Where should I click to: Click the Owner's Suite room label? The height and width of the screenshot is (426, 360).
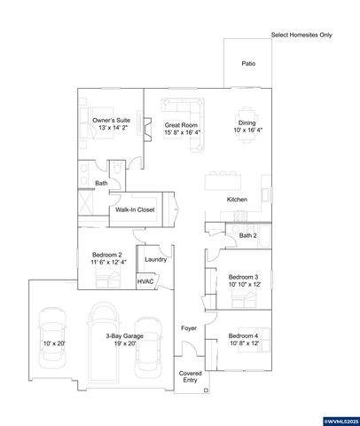(111, 118)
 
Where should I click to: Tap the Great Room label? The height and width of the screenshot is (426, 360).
(181, 125)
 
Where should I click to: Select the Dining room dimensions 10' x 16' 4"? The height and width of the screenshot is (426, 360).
(248, 131)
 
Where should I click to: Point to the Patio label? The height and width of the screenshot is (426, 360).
(248, 64)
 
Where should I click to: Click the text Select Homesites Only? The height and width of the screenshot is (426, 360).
(301, 35)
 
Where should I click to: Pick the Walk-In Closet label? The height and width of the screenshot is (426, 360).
(135, 210)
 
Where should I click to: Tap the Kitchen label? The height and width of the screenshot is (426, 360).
(237, 199)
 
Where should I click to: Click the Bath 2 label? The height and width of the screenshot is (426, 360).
(248, 235)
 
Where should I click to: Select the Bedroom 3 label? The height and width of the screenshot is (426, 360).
(243, 277)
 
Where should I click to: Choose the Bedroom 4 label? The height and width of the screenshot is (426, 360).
(243, 335)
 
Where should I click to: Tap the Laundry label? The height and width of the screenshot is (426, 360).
(156, 260)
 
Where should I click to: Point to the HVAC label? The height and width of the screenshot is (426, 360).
(146, 281)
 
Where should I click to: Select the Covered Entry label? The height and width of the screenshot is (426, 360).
(191, 377)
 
